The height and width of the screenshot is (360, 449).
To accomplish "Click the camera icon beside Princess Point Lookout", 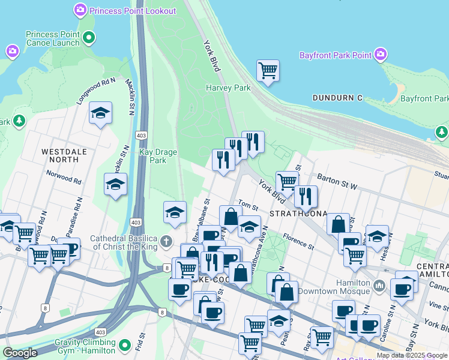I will point(80,10).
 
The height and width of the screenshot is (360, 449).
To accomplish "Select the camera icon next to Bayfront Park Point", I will point(379,56).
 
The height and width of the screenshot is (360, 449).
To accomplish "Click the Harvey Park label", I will point(228,88).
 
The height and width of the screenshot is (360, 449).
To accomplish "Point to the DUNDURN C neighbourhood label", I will point(337,98).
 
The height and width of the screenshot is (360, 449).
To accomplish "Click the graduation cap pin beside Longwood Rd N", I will point(100,113).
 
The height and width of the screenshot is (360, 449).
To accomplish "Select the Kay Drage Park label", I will point(158,156).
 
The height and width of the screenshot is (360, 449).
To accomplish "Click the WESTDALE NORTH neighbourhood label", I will point(60,155).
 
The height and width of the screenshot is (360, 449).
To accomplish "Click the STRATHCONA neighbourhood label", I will point(298,214).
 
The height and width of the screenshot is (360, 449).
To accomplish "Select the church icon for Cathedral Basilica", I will point(167,242).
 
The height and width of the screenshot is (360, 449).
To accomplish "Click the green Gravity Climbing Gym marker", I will point(125,345).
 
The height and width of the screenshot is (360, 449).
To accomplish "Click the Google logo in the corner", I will point(20,353).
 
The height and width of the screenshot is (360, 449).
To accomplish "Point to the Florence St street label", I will point(298,241).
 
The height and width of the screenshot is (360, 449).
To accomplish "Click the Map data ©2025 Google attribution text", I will point(412,355).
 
